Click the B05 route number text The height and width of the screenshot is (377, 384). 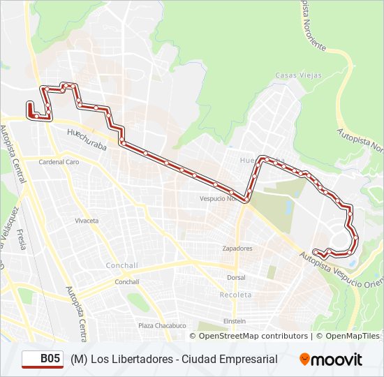coord(50,359)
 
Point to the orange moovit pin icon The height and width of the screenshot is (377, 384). coord(304,359)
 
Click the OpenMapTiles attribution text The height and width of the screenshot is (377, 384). coord(352,336)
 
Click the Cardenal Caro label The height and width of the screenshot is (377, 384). coord(59,161)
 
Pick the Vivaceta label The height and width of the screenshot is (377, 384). coord(87,221)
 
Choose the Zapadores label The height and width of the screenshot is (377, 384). coord(237,248)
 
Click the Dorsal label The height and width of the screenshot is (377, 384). coord(236,277)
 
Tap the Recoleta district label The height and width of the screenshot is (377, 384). coord(236,295)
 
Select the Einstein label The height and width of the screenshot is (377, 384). coord(234,321)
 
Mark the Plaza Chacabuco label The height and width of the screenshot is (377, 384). coord(162,325)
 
